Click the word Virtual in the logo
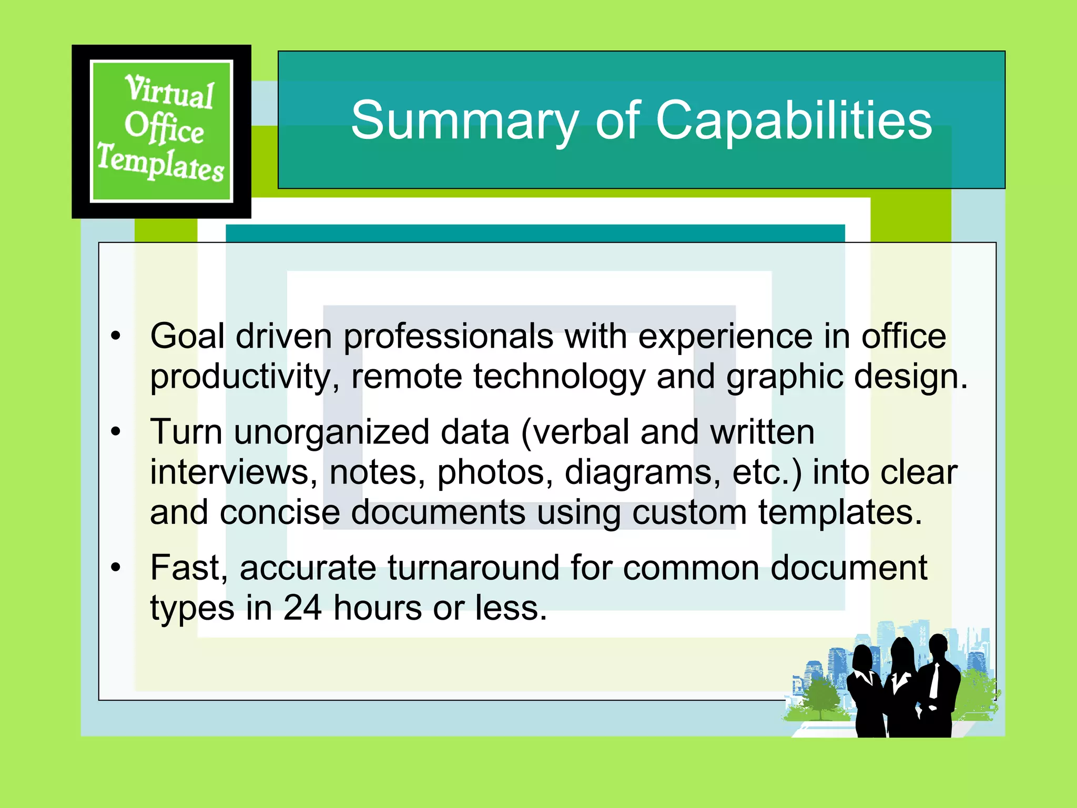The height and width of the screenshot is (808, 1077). [x=169, y=92]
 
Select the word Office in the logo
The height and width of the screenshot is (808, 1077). [x=164, y=128]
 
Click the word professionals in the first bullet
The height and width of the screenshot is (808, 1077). [x=448, y=337]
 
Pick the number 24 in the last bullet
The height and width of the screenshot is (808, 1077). [x=302, y=608]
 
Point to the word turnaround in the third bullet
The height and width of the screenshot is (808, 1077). [x=473, y=568]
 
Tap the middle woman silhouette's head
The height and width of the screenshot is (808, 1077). [x=902, y=652]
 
